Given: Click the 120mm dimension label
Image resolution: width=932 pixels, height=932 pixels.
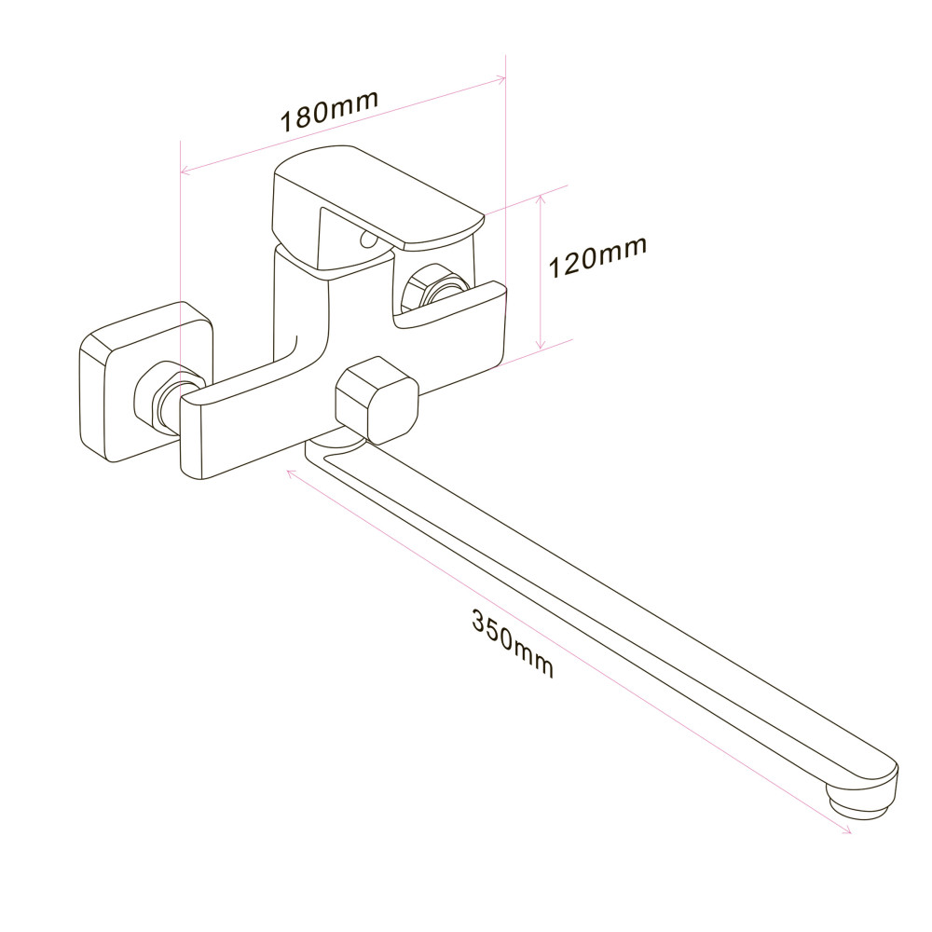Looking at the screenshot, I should (596, 259).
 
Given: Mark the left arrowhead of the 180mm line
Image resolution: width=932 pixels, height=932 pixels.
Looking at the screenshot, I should (185, 171).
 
